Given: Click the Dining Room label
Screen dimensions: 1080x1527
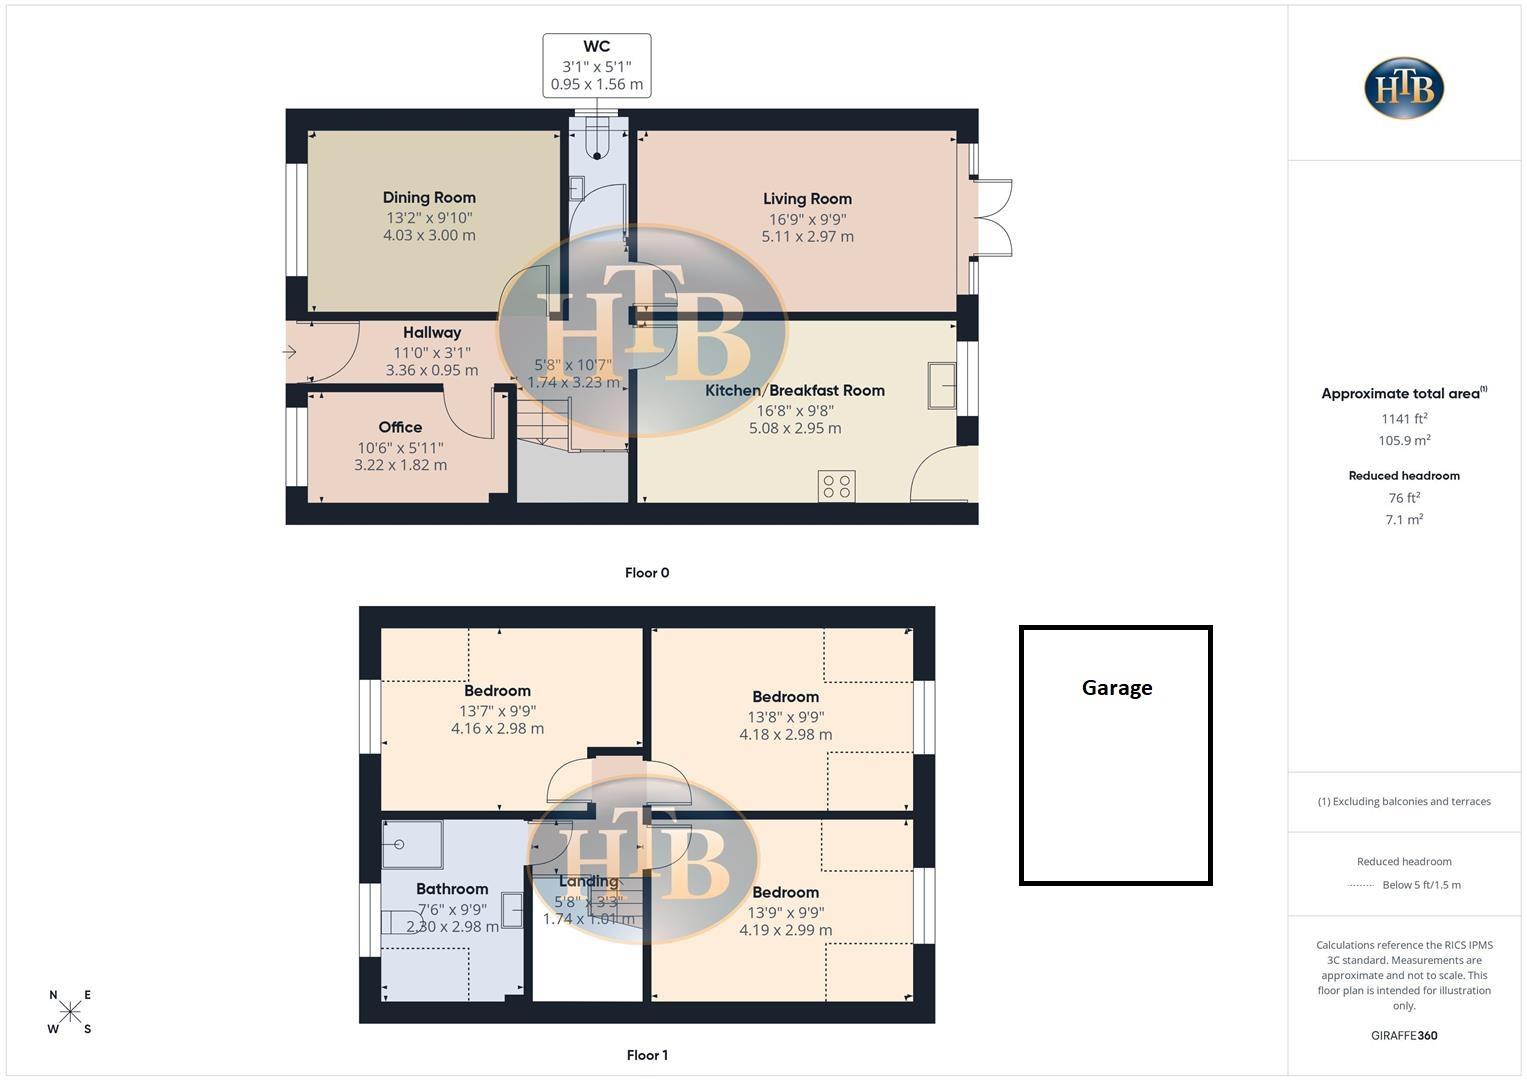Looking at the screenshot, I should [x=429, y=198].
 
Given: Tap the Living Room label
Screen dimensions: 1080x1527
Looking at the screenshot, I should [x=807, y=199].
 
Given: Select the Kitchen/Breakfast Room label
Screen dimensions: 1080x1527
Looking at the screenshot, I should [x=795, y=391].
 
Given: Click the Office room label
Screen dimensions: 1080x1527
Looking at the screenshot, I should [x=400, y=428].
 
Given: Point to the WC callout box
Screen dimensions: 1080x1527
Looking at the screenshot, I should [x=597, y=66].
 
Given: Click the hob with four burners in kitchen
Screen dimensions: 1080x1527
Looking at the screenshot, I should [x=836, y=487].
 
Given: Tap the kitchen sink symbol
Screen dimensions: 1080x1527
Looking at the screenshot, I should [x=942, y=385].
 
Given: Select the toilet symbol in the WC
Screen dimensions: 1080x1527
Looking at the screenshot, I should [x=597, y=141].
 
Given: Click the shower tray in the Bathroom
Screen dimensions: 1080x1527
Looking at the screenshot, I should [x=412, y=844].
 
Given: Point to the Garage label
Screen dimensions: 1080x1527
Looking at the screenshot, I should [x=1117, y=688].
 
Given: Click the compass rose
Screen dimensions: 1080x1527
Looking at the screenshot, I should [x=70, y=1012].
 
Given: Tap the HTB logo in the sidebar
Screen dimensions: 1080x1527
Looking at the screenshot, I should [x=1404, y=88].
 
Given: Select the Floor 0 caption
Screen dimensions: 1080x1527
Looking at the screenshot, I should [x=647, y=573].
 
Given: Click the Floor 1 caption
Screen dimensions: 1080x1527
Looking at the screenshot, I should [x=647, y=1055].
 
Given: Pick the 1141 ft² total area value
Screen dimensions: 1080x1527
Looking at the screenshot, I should [x=1404, y=420].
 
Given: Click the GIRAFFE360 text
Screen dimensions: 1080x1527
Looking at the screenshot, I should [x=1404, y=1036].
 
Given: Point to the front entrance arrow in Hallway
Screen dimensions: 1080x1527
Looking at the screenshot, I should [x=290, y=352].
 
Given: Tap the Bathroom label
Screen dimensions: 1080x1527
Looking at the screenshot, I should [x=452, y=889].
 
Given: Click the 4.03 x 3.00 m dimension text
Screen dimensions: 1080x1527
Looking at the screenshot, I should [x=429, y=236].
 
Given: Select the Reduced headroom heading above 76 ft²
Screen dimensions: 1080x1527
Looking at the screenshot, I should [x=1404, y=476].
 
